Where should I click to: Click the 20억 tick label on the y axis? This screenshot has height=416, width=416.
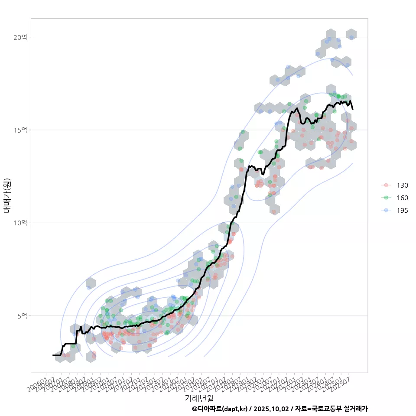pyautogui.click(x=20, y=37)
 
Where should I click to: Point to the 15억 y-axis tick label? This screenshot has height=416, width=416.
pyautogui.click(x=20, y=130)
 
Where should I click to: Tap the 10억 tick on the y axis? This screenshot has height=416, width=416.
pyautogui.click(x=20, y=223)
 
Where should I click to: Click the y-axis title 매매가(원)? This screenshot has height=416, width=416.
pyautogui.click(x=7, y=195)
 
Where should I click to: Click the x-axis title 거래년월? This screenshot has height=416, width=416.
pyautogui.click(x=199, y=398)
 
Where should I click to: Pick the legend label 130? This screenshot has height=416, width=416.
pyautogui.click(x=402, y=185)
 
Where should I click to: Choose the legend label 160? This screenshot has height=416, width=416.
pyautogui.click(x=402, y=198)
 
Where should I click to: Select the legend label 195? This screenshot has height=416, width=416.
pyautogui.click(x=402, y=211)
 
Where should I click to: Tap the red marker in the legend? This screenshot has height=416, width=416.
pyautogui.click(x=386, y=185)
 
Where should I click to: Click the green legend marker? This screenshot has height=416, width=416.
pyautogui.click(x=386, y=198)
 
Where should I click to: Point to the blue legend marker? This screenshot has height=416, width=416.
pyautogui.click(x=386, y=211)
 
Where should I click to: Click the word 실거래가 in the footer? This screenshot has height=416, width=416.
pyautogui.click(x=356, y=409)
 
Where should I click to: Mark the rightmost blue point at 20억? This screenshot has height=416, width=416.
pyautogui.click(x=351, y=37)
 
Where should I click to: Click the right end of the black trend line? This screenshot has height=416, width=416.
pyautogui.click(x=353, y=109)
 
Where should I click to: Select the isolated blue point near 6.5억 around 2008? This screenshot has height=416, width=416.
pyautogui.click(x=89, y=287)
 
